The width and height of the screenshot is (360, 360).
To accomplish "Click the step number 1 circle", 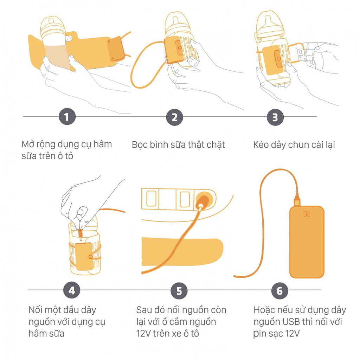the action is (67, 116).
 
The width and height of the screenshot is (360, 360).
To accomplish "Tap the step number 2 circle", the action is (175, 117).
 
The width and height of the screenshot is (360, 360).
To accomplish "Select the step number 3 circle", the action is (275, 117).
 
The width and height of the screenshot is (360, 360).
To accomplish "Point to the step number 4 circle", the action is (72, 290).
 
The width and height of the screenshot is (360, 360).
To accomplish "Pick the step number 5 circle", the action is (179, 291).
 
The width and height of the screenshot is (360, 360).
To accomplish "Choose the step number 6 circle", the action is (279, 291).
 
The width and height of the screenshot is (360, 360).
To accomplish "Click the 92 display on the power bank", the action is (307, 214).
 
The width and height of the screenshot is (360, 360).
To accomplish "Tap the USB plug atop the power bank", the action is (297, 200).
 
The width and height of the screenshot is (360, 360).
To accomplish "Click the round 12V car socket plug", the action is (203, 200).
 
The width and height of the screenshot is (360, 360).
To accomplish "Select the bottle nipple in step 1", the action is (51, 21).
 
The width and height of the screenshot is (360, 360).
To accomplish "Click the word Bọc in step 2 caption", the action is (140, 145).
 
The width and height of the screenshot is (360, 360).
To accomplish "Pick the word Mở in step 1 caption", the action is (28, 144).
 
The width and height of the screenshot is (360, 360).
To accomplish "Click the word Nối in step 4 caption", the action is (37, 310).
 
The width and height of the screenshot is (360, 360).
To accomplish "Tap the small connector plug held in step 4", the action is (81, 233).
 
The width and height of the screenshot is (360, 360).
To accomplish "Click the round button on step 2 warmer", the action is (180, 48).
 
